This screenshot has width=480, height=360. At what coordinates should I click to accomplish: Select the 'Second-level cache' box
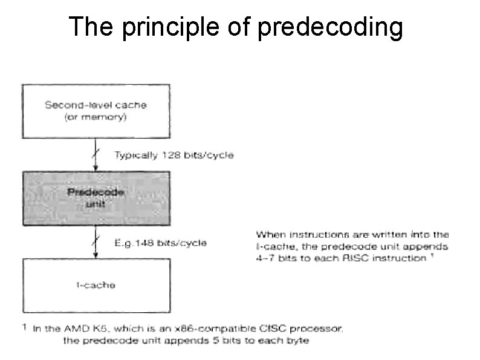point(96,110)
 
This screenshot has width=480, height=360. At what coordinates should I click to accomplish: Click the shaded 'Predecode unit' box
point(96,197)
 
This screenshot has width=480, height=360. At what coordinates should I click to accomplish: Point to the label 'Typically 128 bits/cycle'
point(174,155)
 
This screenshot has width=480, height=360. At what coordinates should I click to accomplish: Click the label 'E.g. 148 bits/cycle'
point(161,243)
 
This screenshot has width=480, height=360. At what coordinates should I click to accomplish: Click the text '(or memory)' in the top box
point(96,117)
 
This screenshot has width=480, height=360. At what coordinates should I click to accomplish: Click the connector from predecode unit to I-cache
point(96,242)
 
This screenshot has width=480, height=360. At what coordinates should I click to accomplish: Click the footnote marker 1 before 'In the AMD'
point(24,327)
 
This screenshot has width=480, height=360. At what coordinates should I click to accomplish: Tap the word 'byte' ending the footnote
point(297,341)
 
